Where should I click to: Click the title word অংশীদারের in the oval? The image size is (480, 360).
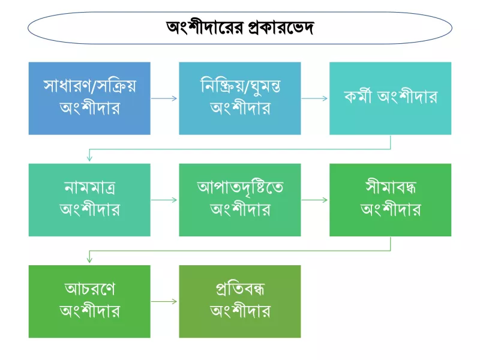pyautogui.click(x=205, y=28)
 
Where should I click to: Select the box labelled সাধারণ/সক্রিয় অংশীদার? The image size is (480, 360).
pyautogui.click(x=89, y=98)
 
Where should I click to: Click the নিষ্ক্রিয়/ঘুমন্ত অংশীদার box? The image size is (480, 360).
pyautogui.click(x=240, y=98)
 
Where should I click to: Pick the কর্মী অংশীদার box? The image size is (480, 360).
pyautogui.click(x=391, y=98)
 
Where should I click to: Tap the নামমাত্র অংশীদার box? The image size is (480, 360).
pyautogui.click(x=89, y=200)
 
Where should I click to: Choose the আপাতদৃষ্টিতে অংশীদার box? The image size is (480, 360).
pyautogui.click(x=240, y=200)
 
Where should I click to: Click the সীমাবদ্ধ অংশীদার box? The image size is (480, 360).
pyautogui.click(x=391, y=200)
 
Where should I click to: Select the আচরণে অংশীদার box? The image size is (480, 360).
pyautogui.click(x=89, y=302)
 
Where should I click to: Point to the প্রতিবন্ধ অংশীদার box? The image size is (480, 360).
pyautogui.click(x=240, y=302)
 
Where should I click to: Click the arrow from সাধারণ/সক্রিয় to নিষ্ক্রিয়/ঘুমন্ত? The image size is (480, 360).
pyautogui.click(x=164, y=98)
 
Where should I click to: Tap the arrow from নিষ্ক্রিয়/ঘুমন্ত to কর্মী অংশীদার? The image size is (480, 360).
pyautogui.click(x=314, y=98)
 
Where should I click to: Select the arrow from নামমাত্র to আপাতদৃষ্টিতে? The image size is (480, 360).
pyautogui.click(x=164, y=200)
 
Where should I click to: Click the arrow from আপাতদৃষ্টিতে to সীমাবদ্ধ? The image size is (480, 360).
pyautogui.click(x=314, y=200)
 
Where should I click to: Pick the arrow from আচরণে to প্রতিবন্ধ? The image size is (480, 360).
pyautogui.click(x=164, y=302)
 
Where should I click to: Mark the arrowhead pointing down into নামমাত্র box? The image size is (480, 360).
pyautogui.click(x=89, y=158)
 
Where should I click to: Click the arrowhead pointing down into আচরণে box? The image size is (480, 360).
pyautogui.click(x=89, y=260)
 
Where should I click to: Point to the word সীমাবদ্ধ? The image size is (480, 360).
pyautogui.click(x=391, y=187)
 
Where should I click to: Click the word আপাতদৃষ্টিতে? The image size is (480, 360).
pyautogui.click(x=240, y=187)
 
